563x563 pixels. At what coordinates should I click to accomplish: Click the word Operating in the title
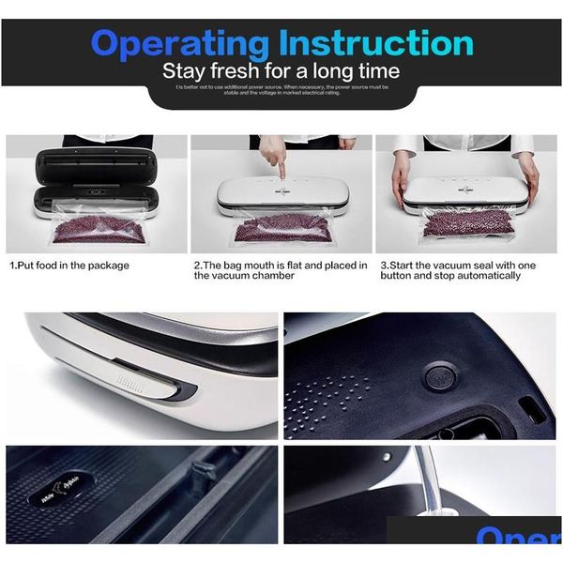click(x=179, y=44)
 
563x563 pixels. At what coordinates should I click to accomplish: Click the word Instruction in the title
click(x=375, y=43)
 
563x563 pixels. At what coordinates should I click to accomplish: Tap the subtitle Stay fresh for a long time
click(x=281, y=71)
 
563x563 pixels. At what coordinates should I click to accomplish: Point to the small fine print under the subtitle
click(x=281, y=89)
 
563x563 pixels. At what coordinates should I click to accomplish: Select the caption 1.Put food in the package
click(x=69, y=266)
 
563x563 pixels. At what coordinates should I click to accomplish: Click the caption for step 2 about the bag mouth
click(x=281, y=270)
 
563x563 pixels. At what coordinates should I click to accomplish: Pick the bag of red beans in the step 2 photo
click(x=281, y=228)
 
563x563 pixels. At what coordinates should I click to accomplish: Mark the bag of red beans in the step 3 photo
click(x=466, y=222)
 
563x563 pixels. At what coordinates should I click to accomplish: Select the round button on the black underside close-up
click(x=438, y=376)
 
